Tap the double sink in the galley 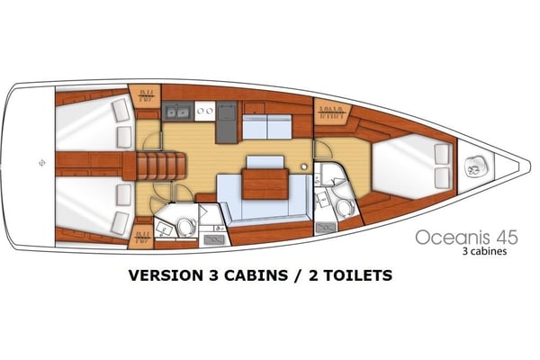177,112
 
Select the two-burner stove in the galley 204,112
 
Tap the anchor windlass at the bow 471,166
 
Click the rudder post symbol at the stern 42,164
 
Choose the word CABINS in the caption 261,274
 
